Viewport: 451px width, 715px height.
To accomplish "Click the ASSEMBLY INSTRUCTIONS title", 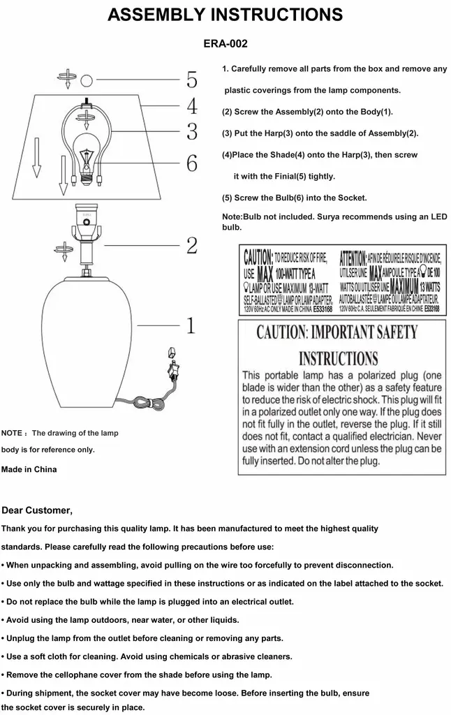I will tap(225, 15).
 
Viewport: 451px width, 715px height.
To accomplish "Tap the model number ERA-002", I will tap(225, 43).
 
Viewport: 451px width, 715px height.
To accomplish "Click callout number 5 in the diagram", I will tap(191, 80).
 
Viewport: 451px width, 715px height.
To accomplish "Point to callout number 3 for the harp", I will tap(191, 131).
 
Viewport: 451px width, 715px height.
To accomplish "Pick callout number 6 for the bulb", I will tap(191, 163).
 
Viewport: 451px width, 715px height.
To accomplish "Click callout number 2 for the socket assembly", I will tap(191, 245).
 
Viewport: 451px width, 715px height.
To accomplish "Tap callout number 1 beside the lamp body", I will tap(190, 325).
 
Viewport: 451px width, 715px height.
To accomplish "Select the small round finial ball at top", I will tap(87, 80).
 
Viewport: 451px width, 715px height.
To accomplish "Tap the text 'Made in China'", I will tap(29, 469).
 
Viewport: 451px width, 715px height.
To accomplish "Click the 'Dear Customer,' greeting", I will tap(37, 510).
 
